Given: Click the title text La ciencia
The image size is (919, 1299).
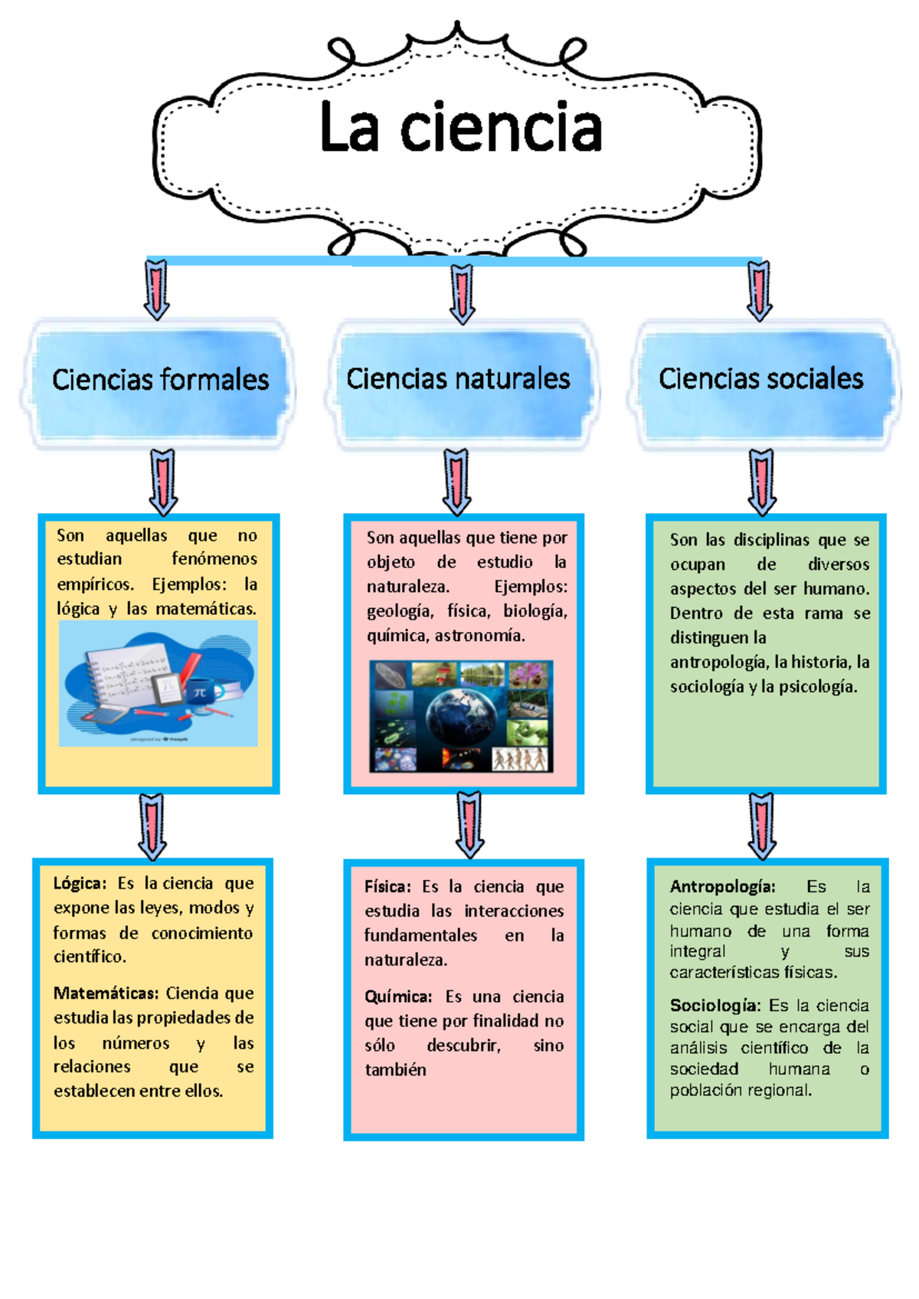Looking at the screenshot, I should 460,128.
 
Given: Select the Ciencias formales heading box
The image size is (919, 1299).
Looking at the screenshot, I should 159,380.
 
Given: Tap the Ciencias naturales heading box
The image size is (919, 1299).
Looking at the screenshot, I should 458,379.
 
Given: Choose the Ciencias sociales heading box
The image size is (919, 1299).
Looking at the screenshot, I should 760,379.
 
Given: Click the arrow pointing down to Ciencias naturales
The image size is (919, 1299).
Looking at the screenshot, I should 462,294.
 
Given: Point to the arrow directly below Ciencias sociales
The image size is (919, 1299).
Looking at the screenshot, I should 761,482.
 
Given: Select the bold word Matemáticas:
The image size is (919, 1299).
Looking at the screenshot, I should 106,993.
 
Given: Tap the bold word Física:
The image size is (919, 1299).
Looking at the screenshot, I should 388,887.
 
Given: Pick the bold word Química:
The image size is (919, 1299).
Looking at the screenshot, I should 397,996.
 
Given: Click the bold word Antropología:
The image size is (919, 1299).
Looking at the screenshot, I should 722,887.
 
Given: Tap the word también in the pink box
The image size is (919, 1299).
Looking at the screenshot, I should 395,1070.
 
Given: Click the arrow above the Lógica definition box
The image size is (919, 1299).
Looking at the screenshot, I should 152,826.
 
